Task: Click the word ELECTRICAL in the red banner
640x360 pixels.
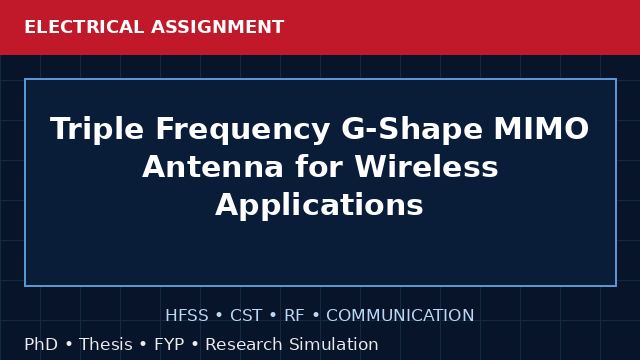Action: pyautogui.click(x=84, y=27)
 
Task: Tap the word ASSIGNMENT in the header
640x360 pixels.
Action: pyautogui.click(x=218, y=27)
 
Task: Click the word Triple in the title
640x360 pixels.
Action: pyautogui.click(x=97, y=129)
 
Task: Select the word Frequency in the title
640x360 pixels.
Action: pyautogui.click(x=242, y=129)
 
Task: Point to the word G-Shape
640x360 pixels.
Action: pyautogui.click(x=412, y=129)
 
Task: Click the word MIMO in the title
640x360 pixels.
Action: pyautogui.click(x=542, y=129)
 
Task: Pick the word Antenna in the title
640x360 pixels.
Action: pyautogui.click(x=213, y=167)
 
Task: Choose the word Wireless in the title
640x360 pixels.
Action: pyautogui.click(x=426, y=166)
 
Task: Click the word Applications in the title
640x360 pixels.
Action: pyautogui.click(x=319, y=205)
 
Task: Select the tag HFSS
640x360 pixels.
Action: pyautogui.click(x=187, y=316)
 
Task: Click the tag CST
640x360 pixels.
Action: pyautogui.click(x=246, y=316)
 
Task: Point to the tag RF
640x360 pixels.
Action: pyautogui.click(x=294, y=316)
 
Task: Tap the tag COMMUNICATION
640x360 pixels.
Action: pyautogui.click(x=400, y=316)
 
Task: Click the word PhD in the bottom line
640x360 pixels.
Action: pyautogui.click(x=41, y=344)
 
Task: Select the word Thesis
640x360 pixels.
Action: pyautogui.click(x=106, y=344)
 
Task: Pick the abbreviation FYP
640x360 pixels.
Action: pyautogui.click(x=169, y=344)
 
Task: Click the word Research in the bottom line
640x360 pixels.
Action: pyautogui.click(x=244, y=344)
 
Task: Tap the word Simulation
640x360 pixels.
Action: pyautogui.click(x=334, y=344)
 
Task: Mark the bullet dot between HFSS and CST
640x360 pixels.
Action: pyautogui.click(x=219, y=316)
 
